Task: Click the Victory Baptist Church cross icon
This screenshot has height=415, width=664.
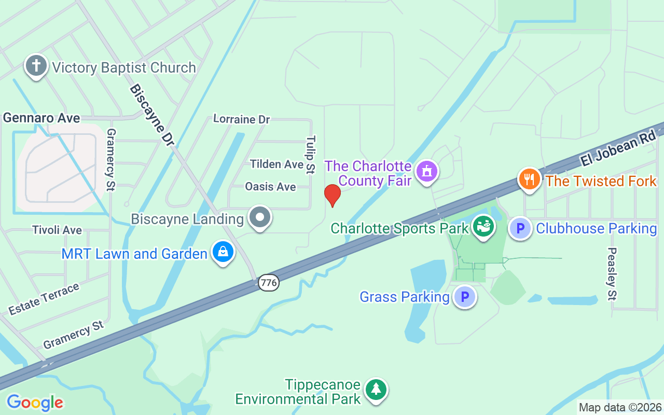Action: pos(36,66)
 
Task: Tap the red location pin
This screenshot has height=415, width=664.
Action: pos(332,195)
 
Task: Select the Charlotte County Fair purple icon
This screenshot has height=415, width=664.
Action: pos(427,171)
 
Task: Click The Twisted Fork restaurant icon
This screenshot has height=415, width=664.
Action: pos(529,179)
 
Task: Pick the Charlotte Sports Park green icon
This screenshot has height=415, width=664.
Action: pos(483,227)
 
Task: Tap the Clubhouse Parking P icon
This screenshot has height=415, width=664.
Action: pos(520,228)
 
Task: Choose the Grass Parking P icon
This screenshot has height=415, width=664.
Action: pos(465,297)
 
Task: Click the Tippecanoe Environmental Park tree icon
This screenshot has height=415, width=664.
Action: pos(376,390)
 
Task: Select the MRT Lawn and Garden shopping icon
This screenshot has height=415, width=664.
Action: pos(223,252)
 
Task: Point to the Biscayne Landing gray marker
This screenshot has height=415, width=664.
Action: pos(260,218)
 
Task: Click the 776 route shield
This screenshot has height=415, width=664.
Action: pos(269,283)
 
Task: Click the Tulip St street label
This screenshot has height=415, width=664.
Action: pos(311,155)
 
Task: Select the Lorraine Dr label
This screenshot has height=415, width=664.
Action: pos(242,119)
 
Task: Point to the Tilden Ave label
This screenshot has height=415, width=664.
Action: pos(276,164)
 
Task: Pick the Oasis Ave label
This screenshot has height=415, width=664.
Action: pos(270,186)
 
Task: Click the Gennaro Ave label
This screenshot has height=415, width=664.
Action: pos(41,118)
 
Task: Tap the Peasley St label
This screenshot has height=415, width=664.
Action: pos(612,273)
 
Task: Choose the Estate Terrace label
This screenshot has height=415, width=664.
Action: pos(44,299)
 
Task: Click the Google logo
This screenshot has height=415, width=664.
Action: pos(35,403)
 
